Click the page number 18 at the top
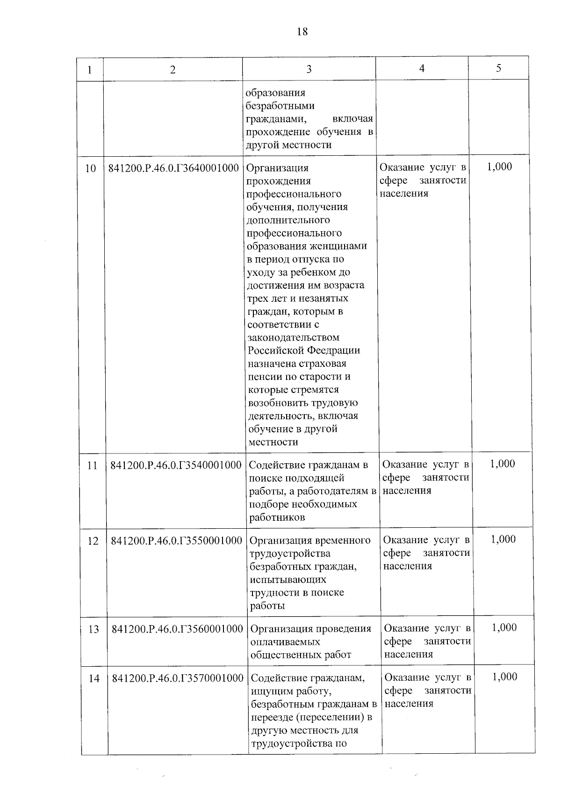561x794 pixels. click(302, 32)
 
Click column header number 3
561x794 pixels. click(309, 69)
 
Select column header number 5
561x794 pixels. click(498, 68)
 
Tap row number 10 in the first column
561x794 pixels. click(91, 168)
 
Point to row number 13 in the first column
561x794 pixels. click(93, 629)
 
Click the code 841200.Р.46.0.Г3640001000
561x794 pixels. click(173, 168)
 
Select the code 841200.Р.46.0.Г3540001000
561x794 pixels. click(176, 465)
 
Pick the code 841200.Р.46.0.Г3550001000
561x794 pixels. click(176, 540)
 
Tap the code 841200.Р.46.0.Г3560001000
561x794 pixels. click(177, 629)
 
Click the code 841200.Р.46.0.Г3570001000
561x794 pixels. click(178, 678)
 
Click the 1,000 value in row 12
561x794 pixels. click(503, 539)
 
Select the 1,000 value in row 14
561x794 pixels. click(504, 677)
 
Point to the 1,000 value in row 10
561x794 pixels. click(499, 167)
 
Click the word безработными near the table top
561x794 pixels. click(280, 106)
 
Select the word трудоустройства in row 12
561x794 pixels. click(290, 554)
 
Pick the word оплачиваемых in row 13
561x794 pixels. click(285, 642)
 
